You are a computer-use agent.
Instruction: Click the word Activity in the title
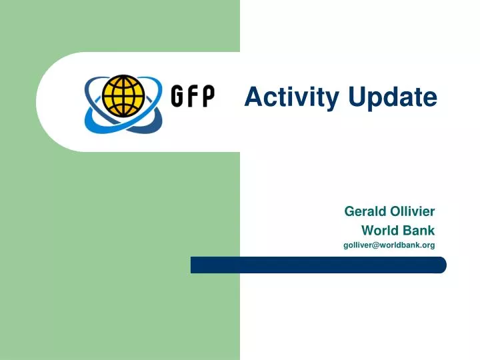pyautogui.click(x=291, y=97)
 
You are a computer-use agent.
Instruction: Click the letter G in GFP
pyautogui.click(x=177, y=97)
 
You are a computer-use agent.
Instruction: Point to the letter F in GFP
pyautogui.click(x=193, y=97)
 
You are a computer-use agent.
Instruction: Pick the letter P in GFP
pyautogui.click(x=207, y=97)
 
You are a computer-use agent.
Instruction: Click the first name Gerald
pyautogui.click(x=363, y=211)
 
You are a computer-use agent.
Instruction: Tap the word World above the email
pyautogui.click(x=378, y=231)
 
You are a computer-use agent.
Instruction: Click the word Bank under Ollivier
pyautogui.click(x=419, y=231)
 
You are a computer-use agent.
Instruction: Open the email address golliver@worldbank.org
pyautogui.click(x=389, y=245)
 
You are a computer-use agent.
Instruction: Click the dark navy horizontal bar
pyautogui.click(x=318, y=265)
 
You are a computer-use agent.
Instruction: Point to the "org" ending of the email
pyautogui.click(x=428, y=246)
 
